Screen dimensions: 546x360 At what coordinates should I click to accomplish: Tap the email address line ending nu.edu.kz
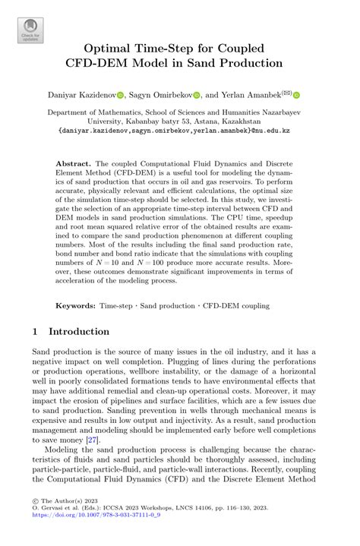(179, 130)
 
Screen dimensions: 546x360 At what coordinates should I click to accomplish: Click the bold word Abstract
(73, 163)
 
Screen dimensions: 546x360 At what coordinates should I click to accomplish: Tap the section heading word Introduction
(79, 332)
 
